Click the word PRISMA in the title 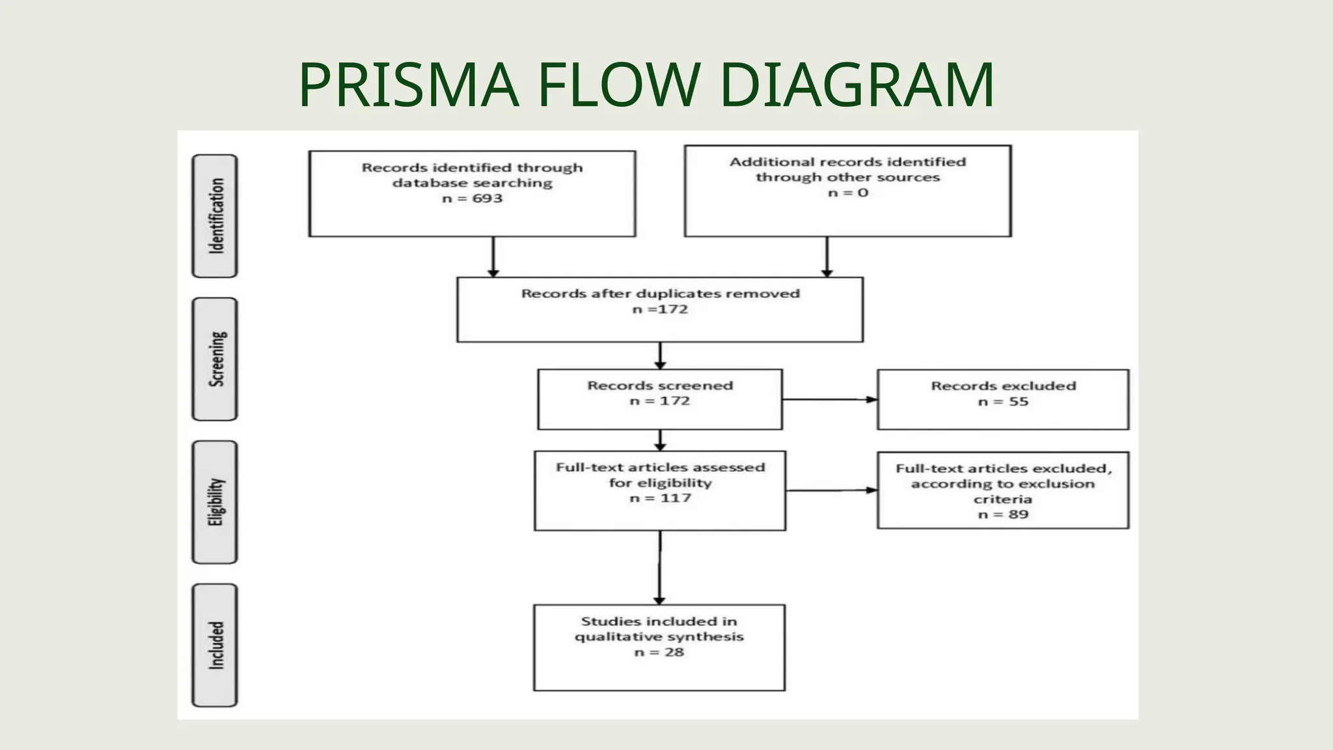click(x=409, y=85)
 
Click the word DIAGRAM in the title click(x=857, y=85)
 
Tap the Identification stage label click(x=215, y=216)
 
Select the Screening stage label click(x=215, y=359)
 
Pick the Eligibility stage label click(x=215, y=502)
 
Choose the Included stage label click(x=215, y=645)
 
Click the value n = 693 click(x=472, y=199)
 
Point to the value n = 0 click(x=847, y=193)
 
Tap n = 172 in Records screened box click(x=659, y=401)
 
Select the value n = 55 click(x=1002, y=402)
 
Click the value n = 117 click(x=659, y=498)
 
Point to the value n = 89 click(x=1002, y=514)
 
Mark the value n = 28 click(x=659, y=652)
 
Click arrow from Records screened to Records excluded click(x=829, y=400)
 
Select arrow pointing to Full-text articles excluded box click(x=831, y=490)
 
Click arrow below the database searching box click(x=493, y=257)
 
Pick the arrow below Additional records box click(x=827, y=257)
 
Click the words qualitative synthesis click(x=659, y=637)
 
